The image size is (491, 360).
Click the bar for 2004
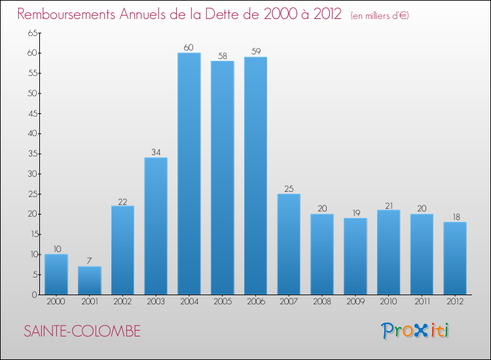[189, 173]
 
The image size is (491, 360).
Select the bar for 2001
[89, 280]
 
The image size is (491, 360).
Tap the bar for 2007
[289, 244]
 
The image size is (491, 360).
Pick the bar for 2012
[455, 258]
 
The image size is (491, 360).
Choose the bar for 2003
[156, 226]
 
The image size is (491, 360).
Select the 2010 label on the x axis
[389, 302]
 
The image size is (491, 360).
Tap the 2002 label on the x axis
[122, 302]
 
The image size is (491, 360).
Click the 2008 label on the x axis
[322, 302]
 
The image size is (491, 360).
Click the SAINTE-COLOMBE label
[82, 331]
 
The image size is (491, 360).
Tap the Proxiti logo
[416, 331]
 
